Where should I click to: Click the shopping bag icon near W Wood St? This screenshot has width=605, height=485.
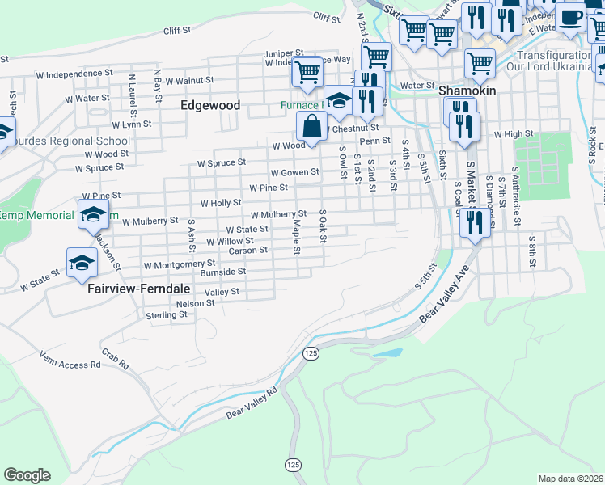coord(312,127)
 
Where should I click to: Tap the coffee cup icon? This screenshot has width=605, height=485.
coord(571,17)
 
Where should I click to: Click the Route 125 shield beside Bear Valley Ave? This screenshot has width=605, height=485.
coord(311,353)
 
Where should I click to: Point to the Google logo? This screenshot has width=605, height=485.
coord(27,475)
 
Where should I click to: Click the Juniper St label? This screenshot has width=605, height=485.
coord(282,54)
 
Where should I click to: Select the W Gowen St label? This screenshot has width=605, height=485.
coord(294,173)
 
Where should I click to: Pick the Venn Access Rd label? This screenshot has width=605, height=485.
coord(70,365)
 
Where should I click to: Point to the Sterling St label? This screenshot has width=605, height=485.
coord(167,314)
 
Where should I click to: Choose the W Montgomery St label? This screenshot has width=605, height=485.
coord(180,264)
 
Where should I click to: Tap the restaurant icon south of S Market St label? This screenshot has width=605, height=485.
coord(474,223)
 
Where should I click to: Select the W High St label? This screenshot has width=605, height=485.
coord(514,133)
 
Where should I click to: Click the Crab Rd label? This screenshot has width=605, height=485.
coord(115,359)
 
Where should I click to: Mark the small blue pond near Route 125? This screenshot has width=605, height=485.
coord(387,353)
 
